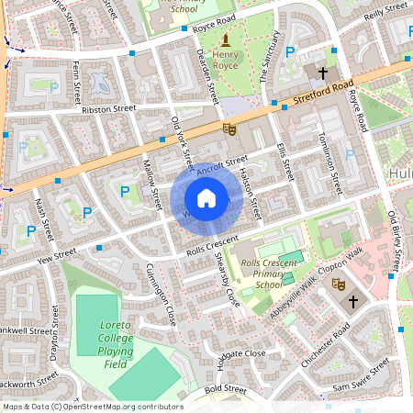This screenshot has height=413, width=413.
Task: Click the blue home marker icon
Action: click(206, 198)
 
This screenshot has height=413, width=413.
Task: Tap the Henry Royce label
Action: click(226, 61)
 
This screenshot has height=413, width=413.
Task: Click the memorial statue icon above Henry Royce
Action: click(226, 39)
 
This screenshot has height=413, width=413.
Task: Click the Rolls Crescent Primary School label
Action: click(267, 273)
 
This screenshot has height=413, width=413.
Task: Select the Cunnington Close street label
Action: click(161, 295)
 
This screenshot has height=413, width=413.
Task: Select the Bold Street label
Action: click(225, 390)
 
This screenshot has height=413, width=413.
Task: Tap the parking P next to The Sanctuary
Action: click(291, 53)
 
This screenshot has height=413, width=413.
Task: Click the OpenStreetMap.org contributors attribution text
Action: click(118, 406)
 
